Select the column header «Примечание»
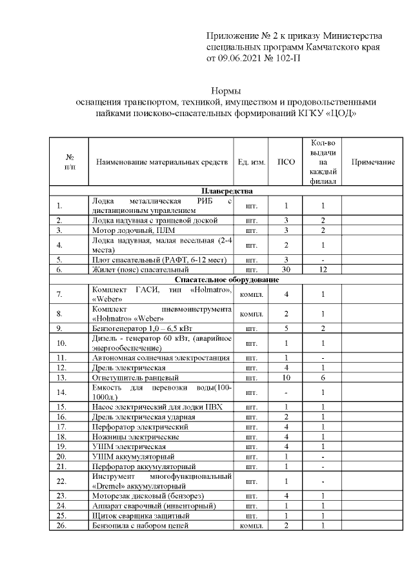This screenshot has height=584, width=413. pos(372,162)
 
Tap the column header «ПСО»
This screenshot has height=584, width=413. pos(286,162)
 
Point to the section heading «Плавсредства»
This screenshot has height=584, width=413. pos(227,192)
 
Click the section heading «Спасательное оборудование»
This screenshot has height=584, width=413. pos(227,280)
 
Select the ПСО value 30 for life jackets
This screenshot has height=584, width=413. pos(286,270)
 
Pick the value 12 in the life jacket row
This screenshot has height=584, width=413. pos(323,270)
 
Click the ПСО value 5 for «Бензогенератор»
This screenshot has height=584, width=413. pos(286,328)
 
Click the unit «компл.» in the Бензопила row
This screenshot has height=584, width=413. pos(252,526)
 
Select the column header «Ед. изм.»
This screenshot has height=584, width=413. pos(252,162)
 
